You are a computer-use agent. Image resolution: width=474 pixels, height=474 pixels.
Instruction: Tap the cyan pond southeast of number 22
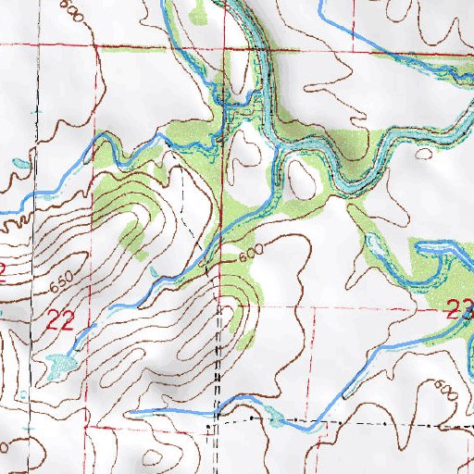pyautogui.click(x=57, y=365)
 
